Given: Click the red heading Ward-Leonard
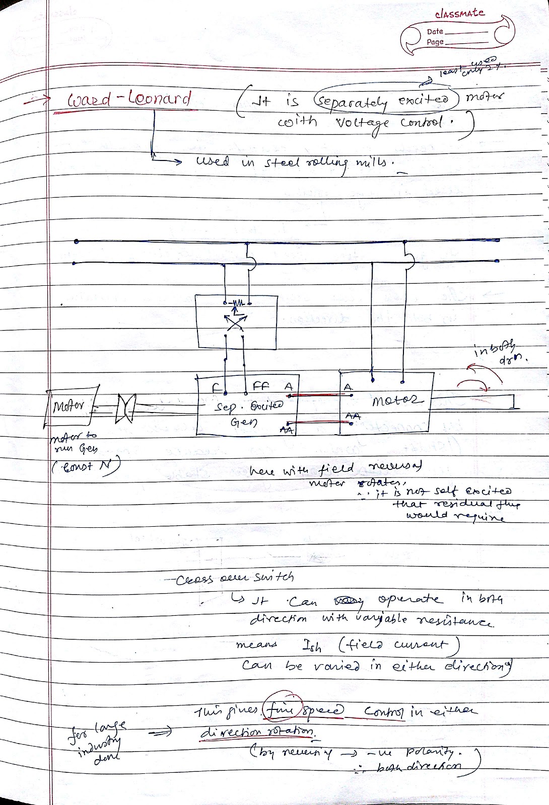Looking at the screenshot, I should tap(129, 99).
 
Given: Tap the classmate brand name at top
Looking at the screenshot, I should tap(459, 14).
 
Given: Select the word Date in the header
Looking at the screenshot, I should tap(435, 32).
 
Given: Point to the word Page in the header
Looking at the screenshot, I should tap(435, 42).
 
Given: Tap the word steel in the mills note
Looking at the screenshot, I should tap(283, 163).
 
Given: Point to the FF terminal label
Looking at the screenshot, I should tap(261, 386).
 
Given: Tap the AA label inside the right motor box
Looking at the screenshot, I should tap(353, 416).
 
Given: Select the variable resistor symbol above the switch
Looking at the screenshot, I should tap(236, 303).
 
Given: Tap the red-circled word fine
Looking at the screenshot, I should tap(284, 711).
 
